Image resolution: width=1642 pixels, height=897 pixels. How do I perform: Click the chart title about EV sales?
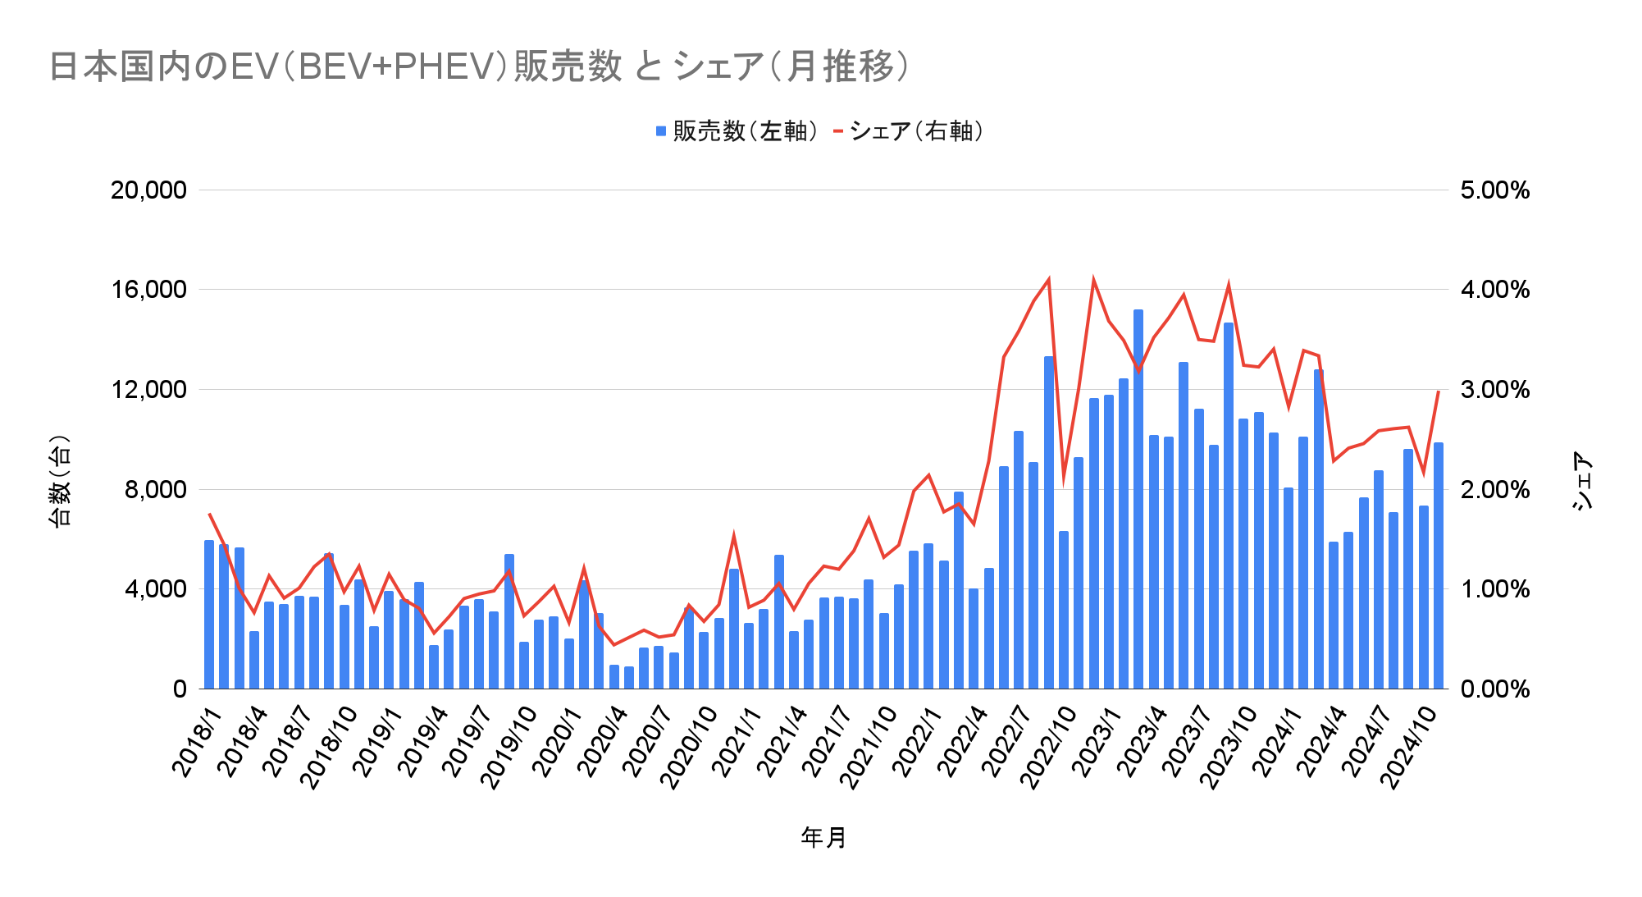click(480, 66)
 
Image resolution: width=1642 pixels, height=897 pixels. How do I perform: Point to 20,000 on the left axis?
click(148, 190)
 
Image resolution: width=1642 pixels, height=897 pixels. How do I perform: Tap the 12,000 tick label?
click(148, 390)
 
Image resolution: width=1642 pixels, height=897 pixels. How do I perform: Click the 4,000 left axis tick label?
click(155, 589)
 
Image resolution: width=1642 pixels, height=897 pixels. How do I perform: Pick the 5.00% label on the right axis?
click(1494, 190)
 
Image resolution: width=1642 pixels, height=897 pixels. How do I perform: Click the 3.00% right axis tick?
click(1494, 390)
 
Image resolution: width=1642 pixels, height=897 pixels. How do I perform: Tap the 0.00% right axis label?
click(1494, 689)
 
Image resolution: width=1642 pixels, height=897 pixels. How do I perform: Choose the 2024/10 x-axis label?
click(1409, 747)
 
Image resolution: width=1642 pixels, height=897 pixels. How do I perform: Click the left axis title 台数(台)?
click(61, 482)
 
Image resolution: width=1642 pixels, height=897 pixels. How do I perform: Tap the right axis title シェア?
click(1583, 482)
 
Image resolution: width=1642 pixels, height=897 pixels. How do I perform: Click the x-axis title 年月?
click(823, 838)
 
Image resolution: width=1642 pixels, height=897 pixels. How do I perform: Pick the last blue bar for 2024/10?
click(1439, 565)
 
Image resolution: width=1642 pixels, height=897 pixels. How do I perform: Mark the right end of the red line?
click(1439, 391)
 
